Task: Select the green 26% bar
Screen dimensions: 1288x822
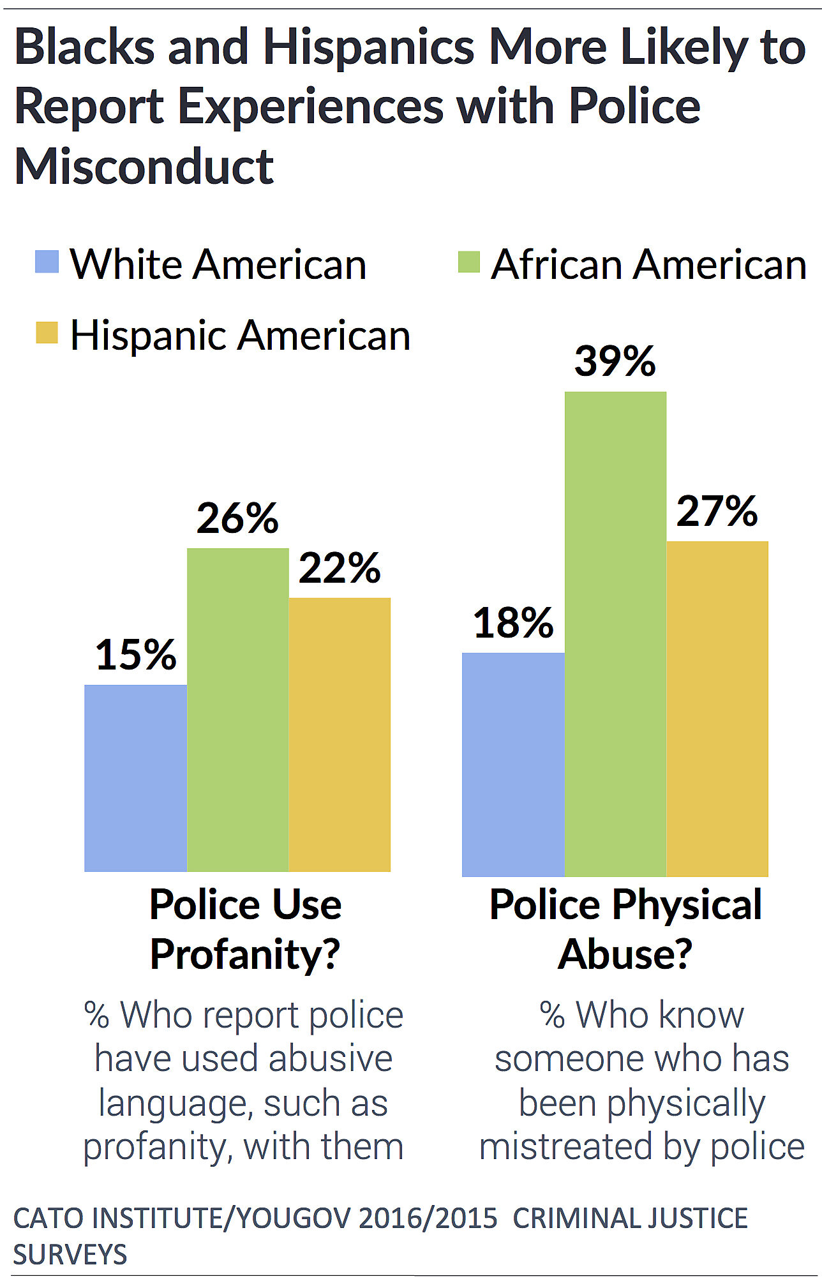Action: pyautogui.click(x=237, y=709)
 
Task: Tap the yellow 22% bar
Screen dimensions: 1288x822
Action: pyautogui.click(x=340, y=734)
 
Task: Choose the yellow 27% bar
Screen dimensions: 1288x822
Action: pyautogui.click(x=717, y=708)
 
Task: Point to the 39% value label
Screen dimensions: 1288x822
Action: pyautogui.click(x=615, y=361)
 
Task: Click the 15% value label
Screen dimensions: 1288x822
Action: pyautogui.click(x=135, y=655)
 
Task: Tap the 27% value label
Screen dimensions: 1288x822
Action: pyautogui.click(x=717, y=511)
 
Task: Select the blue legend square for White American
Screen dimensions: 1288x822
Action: pyautogui.click(x=47, y=262)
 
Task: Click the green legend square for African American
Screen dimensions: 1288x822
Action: pyautogui.click(x=469, y=262)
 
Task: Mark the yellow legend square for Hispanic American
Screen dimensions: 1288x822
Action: pyautogui.click(x=47, y=333)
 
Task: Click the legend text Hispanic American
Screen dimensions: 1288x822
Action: pyautogui.click(x=240, y=335)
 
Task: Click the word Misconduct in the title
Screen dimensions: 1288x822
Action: pyautogui.click(x=144, y=167)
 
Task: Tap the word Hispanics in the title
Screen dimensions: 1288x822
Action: pyautogui.click(x=369, y=47)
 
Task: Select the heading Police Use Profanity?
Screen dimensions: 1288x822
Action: pyautogui.click(x=245, y=929)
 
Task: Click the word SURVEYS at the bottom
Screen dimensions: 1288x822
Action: pyautogui.click(x=70, y=1254)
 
